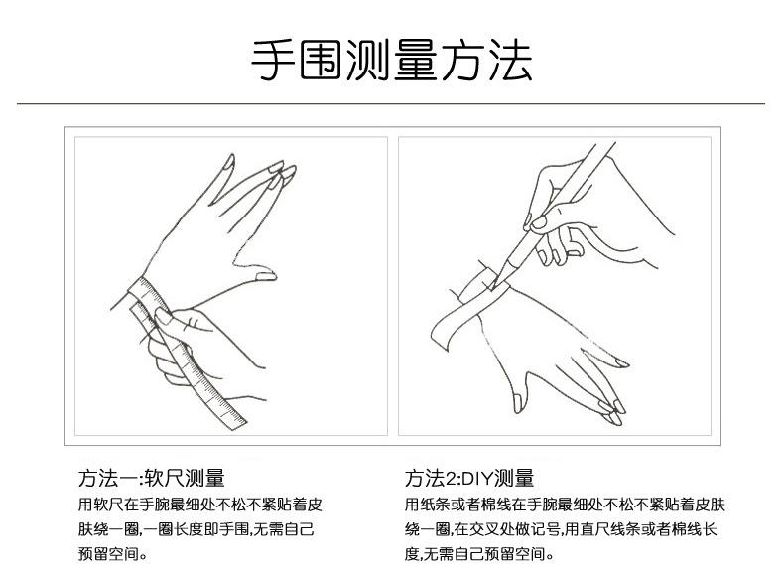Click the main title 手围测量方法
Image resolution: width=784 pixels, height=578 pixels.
[x=392, y=61]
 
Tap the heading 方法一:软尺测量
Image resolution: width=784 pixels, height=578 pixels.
[x=151, y=478]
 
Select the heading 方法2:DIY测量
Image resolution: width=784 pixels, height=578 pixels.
[x=469, y=478]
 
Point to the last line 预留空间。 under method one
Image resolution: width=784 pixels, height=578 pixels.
[x=112, y=554]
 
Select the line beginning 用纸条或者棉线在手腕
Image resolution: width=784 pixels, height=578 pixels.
[x=560, y=503]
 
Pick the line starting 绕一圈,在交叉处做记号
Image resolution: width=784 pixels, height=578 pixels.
[x=560, y=528]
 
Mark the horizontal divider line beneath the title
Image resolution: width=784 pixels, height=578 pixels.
[x=392, y=103]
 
